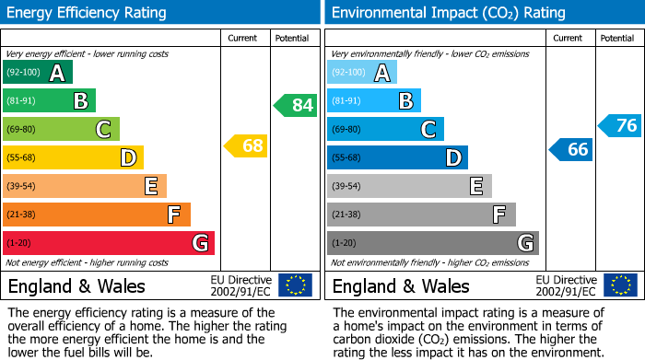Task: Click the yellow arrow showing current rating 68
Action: (x=246, y=145)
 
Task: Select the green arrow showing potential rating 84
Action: (x=296, y=105)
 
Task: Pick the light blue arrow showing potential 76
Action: (x=620, y=125)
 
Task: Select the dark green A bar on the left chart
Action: (x=38, y=73)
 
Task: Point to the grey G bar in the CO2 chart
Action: (x=433, y=243)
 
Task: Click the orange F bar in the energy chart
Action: (x=97, y=215)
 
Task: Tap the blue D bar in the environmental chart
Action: (x=397, y=157)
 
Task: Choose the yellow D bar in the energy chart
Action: (x=73, y=157)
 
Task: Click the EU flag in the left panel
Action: (x=295, y=285)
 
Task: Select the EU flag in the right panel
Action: (x=620, y=285)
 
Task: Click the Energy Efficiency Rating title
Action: (x=88, y=13)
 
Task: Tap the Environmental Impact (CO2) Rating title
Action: (x=447, y=13)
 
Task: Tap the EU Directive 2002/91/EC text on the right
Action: (x=565, y=285)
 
